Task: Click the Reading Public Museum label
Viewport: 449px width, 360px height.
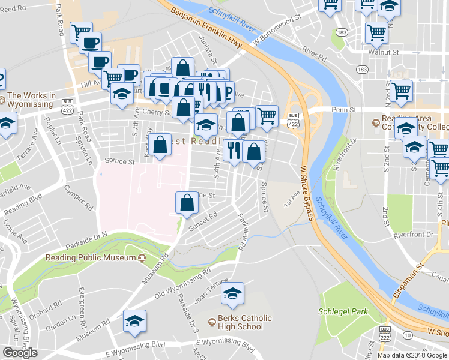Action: (91, 258)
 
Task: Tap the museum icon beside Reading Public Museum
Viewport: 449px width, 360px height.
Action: (142, 258)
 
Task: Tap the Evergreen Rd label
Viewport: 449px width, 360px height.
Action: (83, 308)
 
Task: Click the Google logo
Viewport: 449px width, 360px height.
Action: (20, 352)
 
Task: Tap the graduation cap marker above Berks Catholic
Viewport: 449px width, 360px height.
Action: (232, 293)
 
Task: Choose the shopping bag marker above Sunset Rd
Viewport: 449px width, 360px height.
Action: (187, 203)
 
